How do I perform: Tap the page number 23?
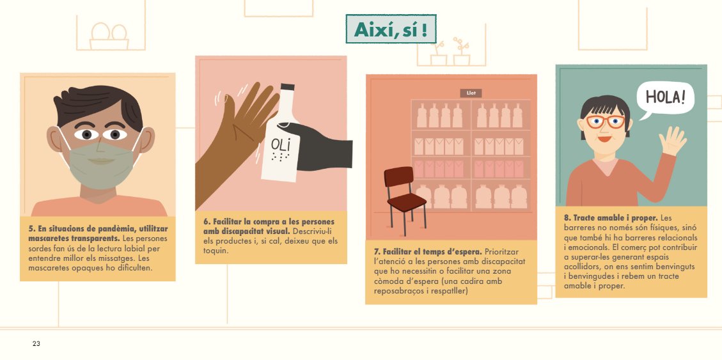click(36, 344)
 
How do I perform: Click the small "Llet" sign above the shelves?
click(471, 93)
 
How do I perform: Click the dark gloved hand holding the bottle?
click(320, 147)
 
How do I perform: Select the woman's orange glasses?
click(605, 121)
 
